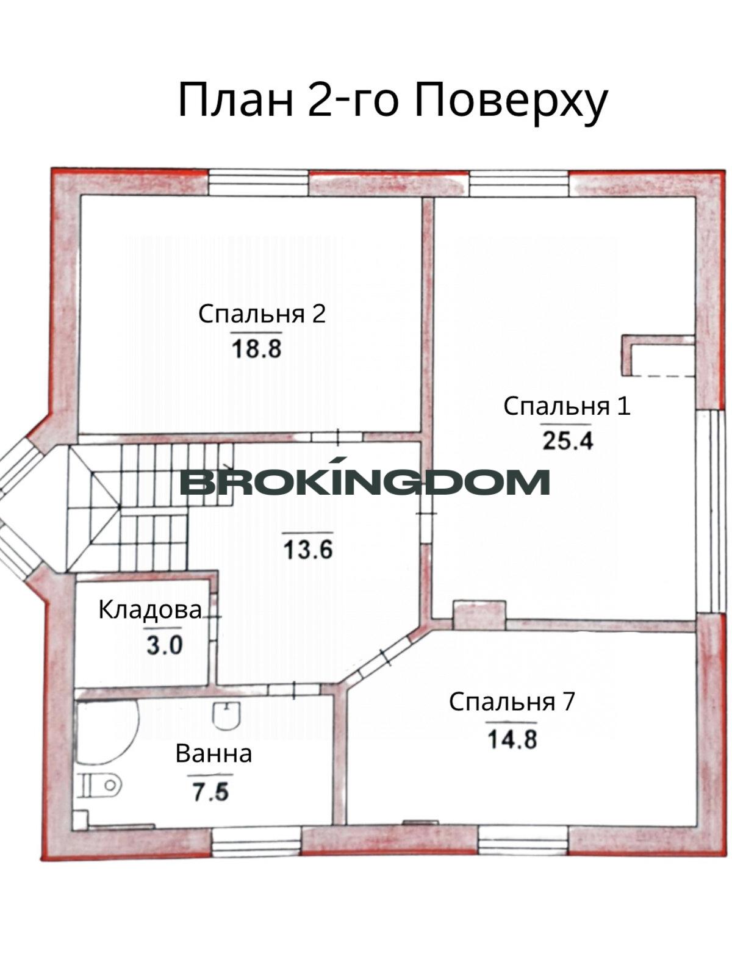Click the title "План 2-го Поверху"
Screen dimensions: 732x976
click(x=392, y=101)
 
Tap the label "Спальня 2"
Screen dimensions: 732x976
click(x=262, y=314)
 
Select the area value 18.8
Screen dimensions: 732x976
click(x=257, y=348)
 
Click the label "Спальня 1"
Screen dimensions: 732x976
click(x=567, y=406)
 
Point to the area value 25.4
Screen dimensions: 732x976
click(x=567, y=440)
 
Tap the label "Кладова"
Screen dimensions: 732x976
click(x=150, y=610)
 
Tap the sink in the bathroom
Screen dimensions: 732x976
click(x=227, y=716)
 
